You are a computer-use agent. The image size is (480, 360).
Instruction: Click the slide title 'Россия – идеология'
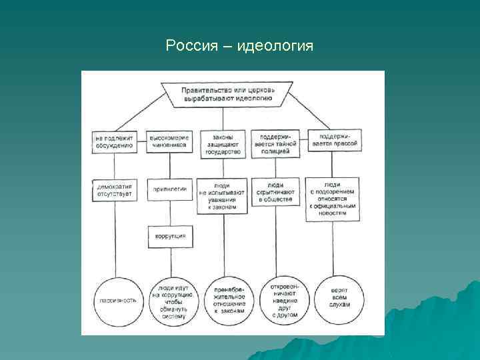point(239,46)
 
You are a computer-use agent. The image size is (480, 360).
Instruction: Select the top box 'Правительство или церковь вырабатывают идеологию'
point(227,95)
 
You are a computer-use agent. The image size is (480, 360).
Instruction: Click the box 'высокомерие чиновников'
point(169,143)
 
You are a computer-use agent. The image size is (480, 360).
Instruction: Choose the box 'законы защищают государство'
point(223,143)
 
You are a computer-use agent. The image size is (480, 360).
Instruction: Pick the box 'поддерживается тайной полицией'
point(275,143)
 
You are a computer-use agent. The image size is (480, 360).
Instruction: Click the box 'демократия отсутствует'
point(115,189)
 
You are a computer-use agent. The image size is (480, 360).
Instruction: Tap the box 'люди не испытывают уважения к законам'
point(223,194)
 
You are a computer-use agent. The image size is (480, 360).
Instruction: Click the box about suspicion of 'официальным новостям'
point(333,198)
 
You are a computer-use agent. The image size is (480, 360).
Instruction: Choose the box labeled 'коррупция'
point(169,236)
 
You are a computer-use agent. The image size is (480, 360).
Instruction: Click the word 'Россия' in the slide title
point(191,46)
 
